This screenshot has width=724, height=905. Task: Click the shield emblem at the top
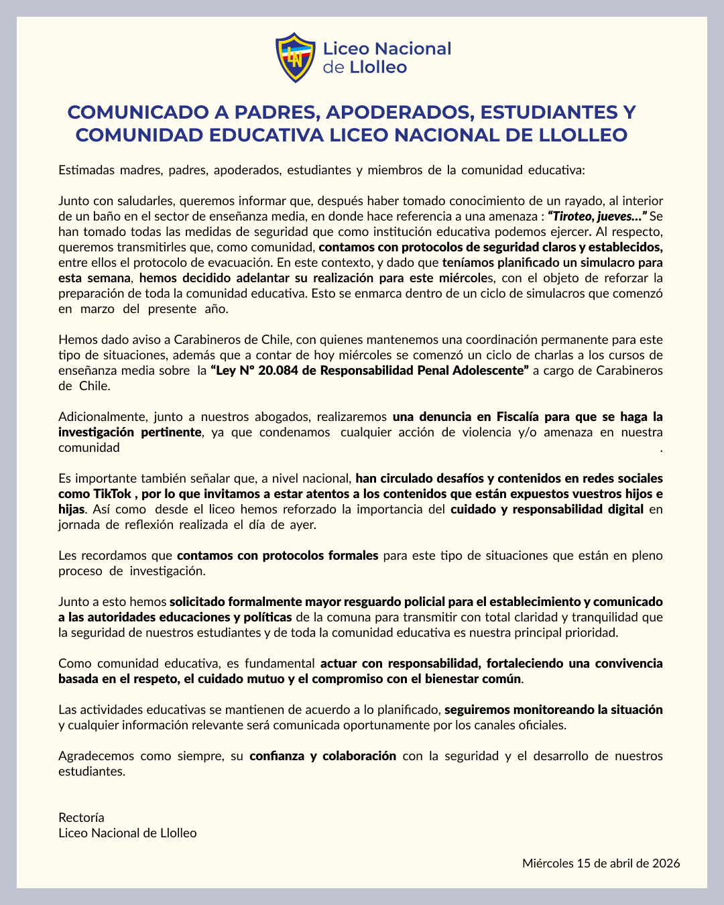point(296,58)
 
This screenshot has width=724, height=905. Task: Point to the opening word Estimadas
point(86,170)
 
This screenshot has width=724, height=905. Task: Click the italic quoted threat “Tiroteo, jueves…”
point(597,216)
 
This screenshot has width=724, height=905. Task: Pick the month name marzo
point(97,308)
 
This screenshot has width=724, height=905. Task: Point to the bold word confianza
point(276,756)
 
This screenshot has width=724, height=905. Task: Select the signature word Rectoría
point(81,818)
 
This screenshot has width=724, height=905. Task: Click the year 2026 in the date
point(666,863)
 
